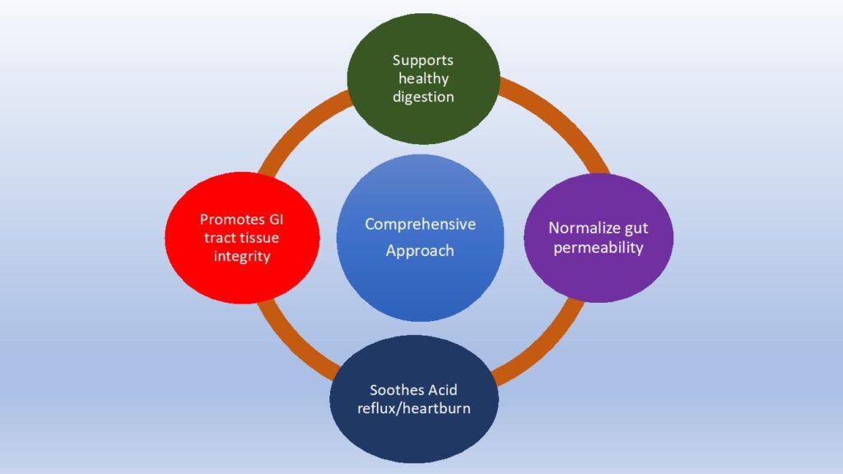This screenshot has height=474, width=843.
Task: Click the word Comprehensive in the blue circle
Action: click(420, 224)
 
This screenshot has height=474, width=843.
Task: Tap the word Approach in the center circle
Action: click(420, 251)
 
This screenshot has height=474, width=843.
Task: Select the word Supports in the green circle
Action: click(422, 60)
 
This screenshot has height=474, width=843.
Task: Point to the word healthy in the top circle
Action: click(423, 78)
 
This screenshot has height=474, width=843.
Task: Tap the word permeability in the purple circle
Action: click(598, 247)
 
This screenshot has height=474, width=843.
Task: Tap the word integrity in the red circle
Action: click(243, 257)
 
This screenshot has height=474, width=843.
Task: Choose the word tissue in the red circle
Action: click(259, 239)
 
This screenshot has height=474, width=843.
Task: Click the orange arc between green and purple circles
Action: click(560, 123)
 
